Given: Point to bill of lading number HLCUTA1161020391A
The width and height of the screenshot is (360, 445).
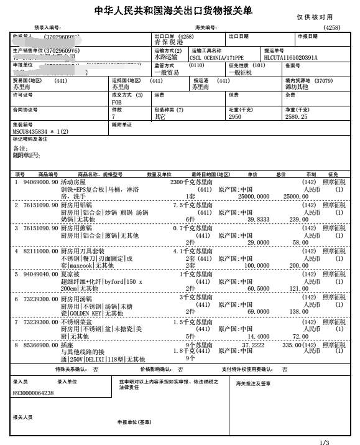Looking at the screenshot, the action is [x=291, y=57].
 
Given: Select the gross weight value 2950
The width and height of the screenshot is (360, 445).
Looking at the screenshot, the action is [x=235, y=116].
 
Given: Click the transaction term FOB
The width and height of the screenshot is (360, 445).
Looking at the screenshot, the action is [x=116, y=101].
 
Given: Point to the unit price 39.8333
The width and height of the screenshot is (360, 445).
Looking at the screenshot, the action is [x=259, y=219].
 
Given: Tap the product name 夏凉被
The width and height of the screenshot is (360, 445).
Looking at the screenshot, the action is [x=70, y=274].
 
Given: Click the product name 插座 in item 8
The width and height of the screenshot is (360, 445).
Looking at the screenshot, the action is [x=67, y=345].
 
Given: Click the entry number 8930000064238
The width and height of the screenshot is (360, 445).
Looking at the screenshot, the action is [x=33, y=393].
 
